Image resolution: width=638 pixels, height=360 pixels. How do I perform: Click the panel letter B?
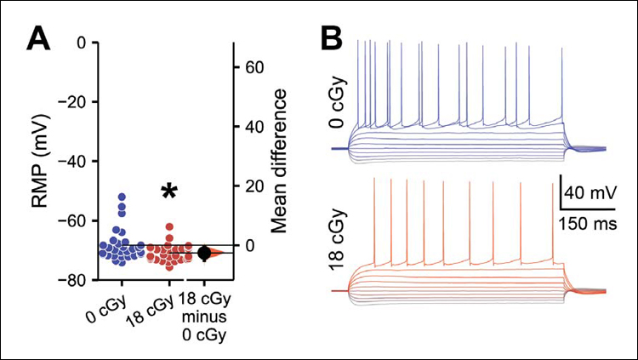(332, 39)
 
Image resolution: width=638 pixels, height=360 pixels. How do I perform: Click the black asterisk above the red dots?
(169, 193)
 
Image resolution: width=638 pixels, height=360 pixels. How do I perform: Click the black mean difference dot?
(204, 253)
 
